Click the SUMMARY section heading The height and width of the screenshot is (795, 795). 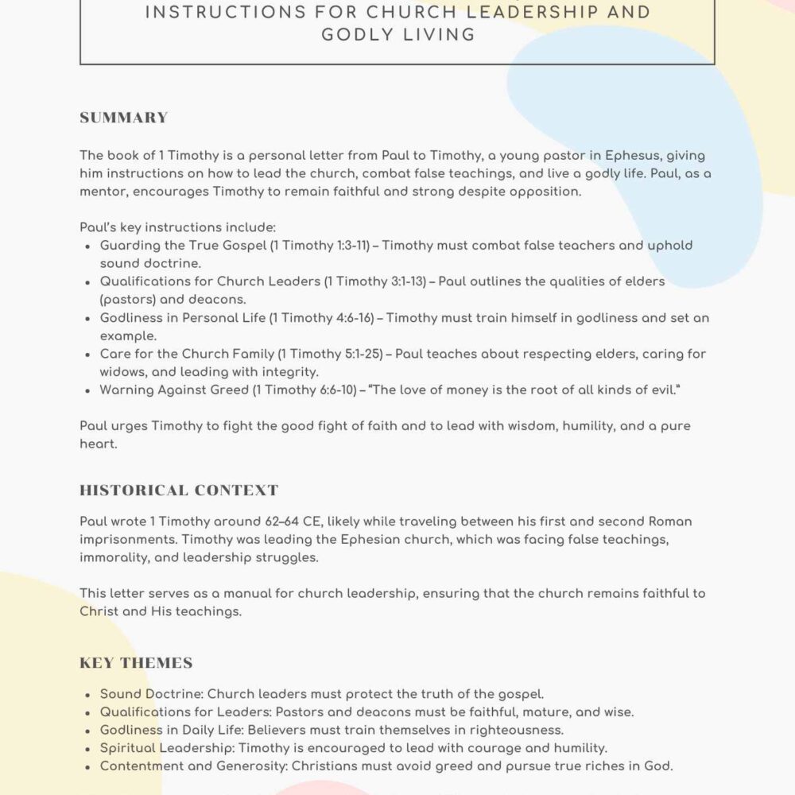pyautogui.click(x=123, y=118)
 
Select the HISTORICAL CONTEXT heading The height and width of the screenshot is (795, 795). pyautogui.click(x=179, y=490)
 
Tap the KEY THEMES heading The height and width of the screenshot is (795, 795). pyautogui.click(x=136, y=663)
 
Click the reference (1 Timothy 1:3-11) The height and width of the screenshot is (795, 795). pyautogui.click(x=320, y=246)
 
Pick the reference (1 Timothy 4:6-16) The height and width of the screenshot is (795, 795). pyautogui.click(x=321, y=318)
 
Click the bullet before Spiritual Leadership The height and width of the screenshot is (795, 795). pyautogui.click(x=87, y=748)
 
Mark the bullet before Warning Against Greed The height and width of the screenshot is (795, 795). pyautogui.click(x=87, y=390)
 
